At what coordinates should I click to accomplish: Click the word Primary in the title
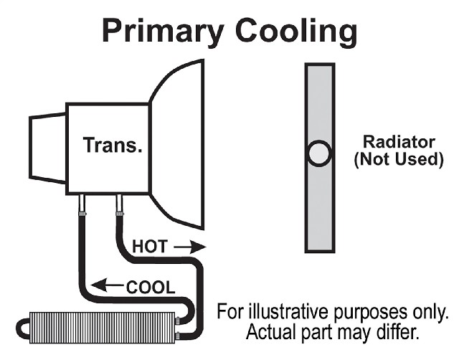coord(164,32)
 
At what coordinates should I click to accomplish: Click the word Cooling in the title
coord(296,32)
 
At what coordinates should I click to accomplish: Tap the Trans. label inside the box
coord(113,145)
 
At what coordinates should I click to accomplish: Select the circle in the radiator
coord(320,153)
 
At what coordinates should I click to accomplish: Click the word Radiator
coord(399,142)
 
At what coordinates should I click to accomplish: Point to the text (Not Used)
coord(399,159)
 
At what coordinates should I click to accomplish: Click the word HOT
coord(150,246)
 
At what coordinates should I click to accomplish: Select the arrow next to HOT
coord(190,247)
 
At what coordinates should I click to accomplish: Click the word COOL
coord(151,287)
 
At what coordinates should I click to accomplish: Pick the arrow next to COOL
coord(107,285)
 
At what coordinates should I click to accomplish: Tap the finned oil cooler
coord(103,328)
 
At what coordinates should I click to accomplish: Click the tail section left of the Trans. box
coord(48,148)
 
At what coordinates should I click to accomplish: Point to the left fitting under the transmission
coord(82,204)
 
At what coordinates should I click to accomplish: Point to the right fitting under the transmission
coord(120,204)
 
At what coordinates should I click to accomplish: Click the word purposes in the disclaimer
coord(371,313)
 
